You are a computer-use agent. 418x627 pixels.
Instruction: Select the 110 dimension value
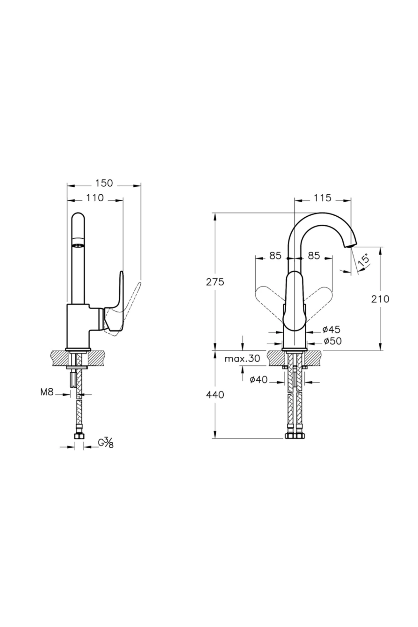point(95,198)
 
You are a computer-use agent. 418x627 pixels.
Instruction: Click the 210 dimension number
point(380,299)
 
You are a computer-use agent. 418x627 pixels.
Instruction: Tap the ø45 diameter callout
point(332,330)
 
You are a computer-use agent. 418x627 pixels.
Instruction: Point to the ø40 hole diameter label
point(259,380)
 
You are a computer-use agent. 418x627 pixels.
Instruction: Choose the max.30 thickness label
point(242,359)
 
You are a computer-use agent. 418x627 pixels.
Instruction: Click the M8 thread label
point(47,393)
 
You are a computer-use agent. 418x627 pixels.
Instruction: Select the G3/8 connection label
point(106,443)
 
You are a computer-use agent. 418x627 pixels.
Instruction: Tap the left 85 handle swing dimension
point(275,256)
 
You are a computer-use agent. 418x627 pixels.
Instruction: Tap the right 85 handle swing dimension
point(314,256)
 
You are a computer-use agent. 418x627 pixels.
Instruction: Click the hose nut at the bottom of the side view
point(79,436)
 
